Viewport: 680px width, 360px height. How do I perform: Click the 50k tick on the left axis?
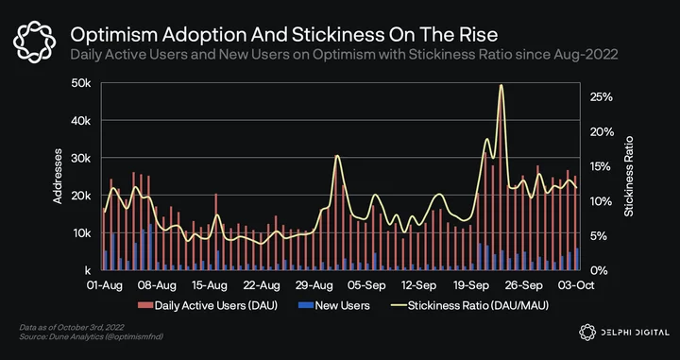[81, 83]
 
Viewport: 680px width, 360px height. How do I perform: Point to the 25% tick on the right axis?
[602, 97]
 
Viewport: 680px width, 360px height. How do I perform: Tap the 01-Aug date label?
[105, 285]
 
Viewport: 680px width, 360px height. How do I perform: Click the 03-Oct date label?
[576, 285]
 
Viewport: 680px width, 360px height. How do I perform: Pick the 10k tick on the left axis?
[81, 233]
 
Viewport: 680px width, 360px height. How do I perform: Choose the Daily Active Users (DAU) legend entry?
[208, 306]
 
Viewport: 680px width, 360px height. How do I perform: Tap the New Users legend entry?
[334, 306]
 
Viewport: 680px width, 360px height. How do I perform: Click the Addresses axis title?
[58, 176]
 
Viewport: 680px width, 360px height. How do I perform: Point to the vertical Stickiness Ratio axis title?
[628, 176]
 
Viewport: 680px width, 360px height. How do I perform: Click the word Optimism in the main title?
[110, 35]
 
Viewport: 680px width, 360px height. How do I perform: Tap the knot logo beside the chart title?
[34, 43]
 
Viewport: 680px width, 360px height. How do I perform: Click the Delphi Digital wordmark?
[624, 333]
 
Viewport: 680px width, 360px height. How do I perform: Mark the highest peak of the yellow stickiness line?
[501, 85]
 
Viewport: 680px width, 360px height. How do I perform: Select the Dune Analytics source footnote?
[91, 336]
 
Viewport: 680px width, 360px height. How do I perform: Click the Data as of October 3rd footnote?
[72, 327]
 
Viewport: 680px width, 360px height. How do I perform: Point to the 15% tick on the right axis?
[602, 166]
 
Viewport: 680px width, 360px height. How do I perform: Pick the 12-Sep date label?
[419, 285]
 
